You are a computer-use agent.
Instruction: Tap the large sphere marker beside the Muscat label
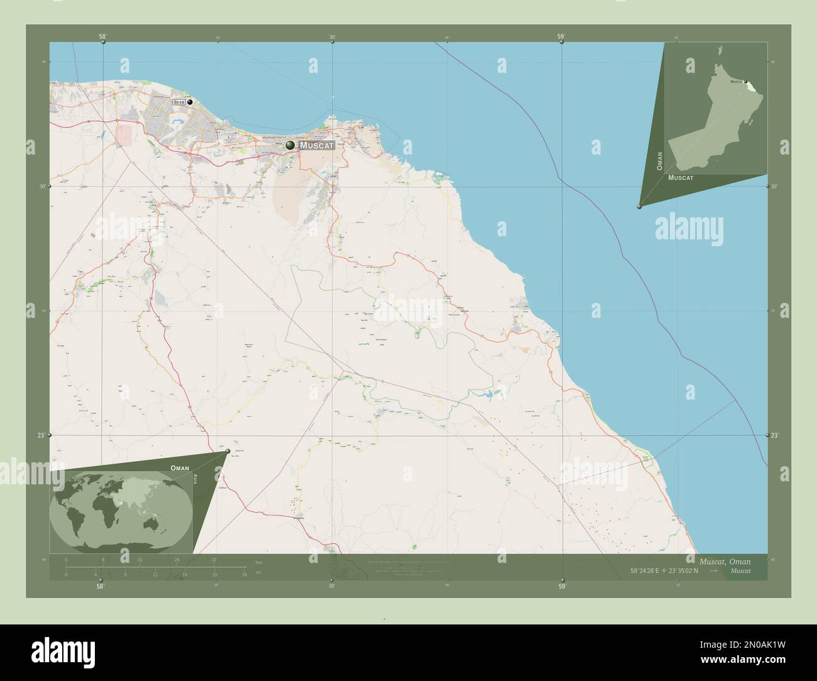pyautogui.click(x=290, y=146)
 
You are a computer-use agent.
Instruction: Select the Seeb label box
pyautogui.click(x=179, y=102)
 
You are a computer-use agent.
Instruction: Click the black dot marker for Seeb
pyautogui.click(x=189, y=101)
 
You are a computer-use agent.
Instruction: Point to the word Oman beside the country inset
pyautogui.click(x=659, y=161)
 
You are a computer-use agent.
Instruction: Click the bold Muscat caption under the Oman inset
pyautogui.click(x=681, y=178)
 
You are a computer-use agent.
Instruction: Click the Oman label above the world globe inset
pyautogui.click(x=180, y=469)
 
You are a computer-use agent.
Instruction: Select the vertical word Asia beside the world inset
pyautogui.click(x=195, y=478)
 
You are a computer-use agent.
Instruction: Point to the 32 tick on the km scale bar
pyautogui.click(x=214, y=559)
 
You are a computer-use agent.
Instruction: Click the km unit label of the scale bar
pyautogui.click(x=258, y=562)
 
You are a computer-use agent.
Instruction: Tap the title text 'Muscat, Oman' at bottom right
pyautogui.click(x=725, y=560)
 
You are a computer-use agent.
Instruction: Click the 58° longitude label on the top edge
pyautogui.click(x=102, y=36)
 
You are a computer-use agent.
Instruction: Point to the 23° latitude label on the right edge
pyautogui.click(x=774, y=435)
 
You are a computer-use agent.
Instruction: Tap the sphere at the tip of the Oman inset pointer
pyautogui.click(x=639, y=206)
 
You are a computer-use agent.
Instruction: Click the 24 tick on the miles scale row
pyautogui.click(x=244, y=574)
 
